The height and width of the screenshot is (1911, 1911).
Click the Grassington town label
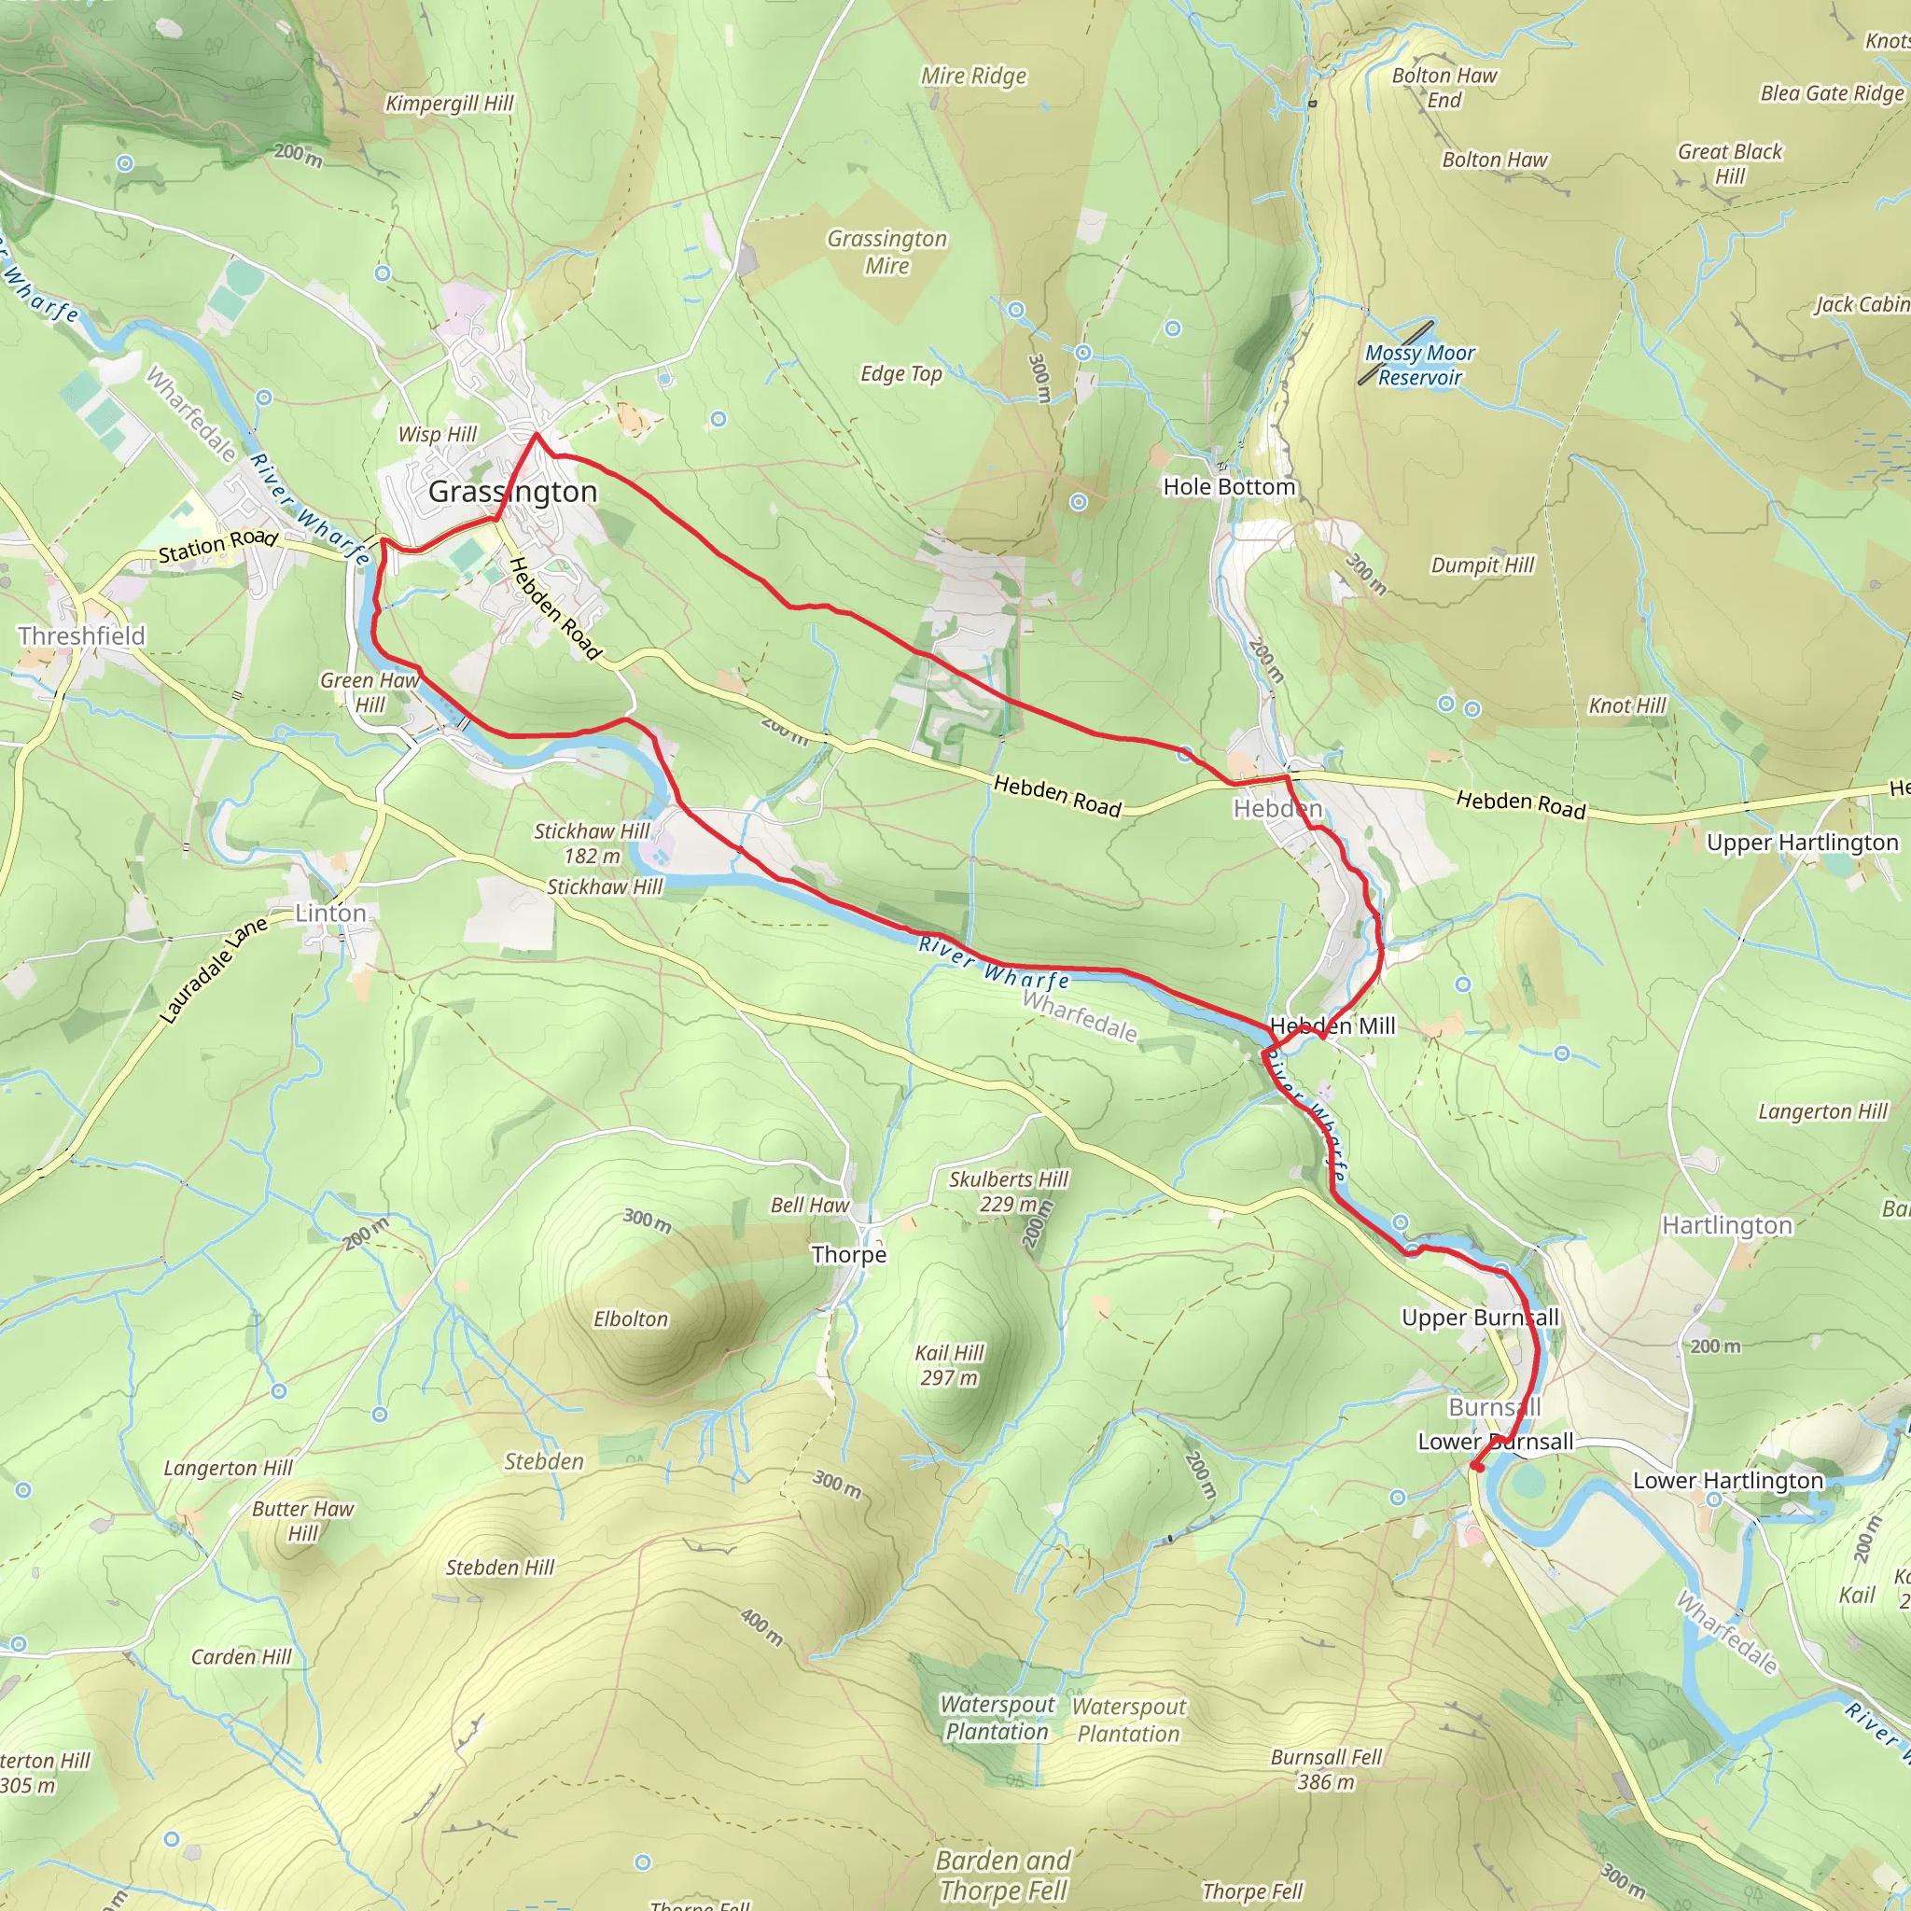pyautogui.click(x=512, y=492)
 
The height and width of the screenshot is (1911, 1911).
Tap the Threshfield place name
pyautogui.click(x=81, y=636)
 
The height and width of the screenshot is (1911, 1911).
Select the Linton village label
pyautogui.click(x=330, y=913)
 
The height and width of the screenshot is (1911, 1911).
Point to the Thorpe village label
pyautogui.click(x=849, y=1254)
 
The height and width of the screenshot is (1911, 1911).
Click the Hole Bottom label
pyautogui.click(x=1229, y=487)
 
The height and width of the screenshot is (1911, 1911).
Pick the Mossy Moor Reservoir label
pyautogui.click(x=1419, y=365)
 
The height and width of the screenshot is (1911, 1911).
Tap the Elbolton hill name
pyautogui.click(x=630, y=1318)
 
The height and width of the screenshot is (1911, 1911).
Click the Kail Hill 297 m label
pyautogui.click(x=949, y=1365)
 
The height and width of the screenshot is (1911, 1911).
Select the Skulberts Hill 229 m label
pyautogui.click(x=1008, y=1191)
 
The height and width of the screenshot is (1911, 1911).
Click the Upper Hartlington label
pyautogui.click(x=1802, y=843)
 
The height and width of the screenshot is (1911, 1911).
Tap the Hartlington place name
pyautogui.click(x=1726, y=1225)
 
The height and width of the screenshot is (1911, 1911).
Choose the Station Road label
pyautogui.click(x=217, y=544)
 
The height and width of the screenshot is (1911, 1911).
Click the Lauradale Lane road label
pyautogui.click(x=214, y=969)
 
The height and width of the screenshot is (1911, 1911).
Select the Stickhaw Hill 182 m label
pyautogui.click(x=592, y=843)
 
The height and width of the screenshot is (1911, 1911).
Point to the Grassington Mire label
pyautogui.click(x=886, y=252)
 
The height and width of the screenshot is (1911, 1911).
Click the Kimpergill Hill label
pyautogui.click(x=449, y=104)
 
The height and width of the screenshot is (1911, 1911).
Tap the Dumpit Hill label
pyautogui.click(x=1482, y=565)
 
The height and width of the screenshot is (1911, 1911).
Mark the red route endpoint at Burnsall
pyautogui.click(x=1476, y=1466)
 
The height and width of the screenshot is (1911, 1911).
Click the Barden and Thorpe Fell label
pyautogui.click(x=1003, y=1876)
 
